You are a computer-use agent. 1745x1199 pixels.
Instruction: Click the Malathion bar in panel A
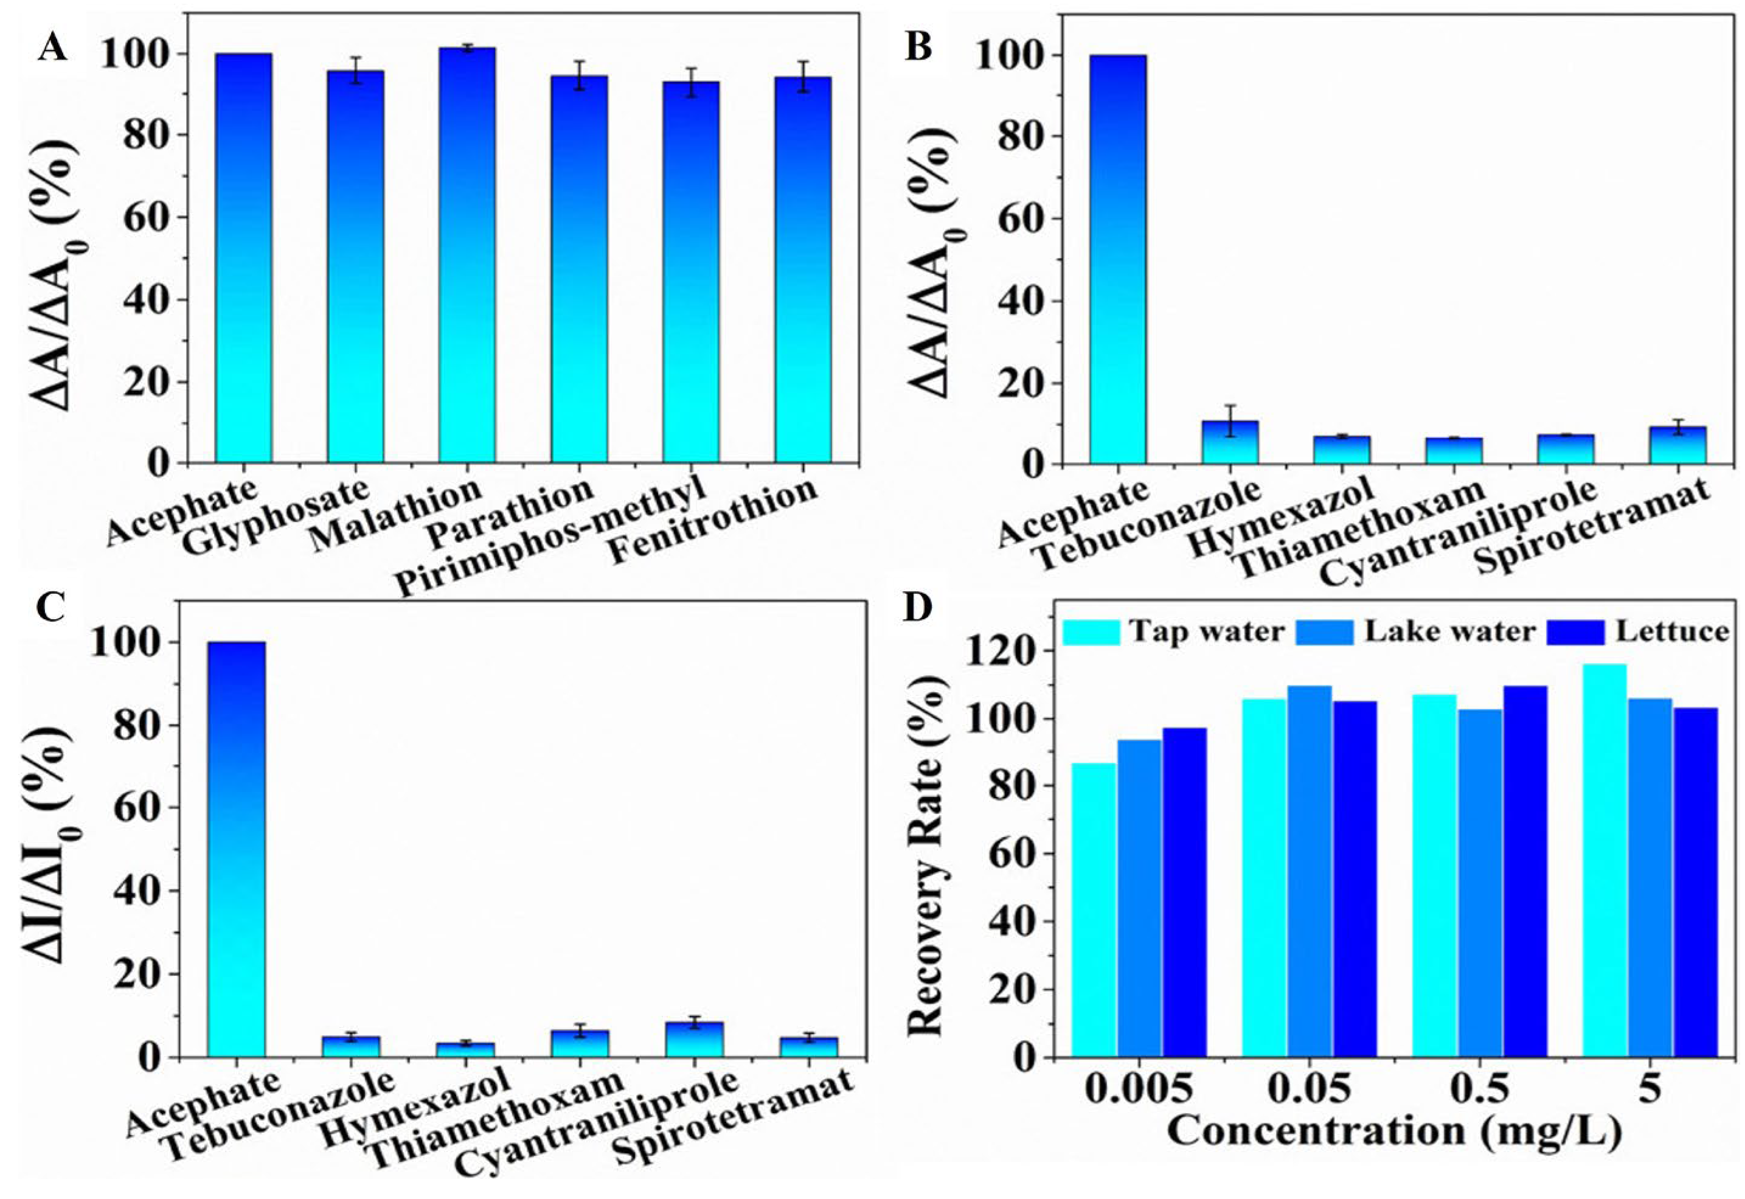(467, 255)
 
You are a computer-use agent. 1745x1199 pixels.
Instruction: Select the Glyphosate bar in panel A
(355, 266)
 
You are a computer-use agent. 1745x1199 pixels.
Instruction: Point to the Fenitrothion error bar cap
(803, 61)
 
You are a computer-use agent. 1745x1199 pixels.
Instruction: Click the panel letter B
(918, 47)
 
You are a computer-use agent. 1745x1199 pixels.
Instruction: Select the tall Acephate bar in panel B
(1118, 259)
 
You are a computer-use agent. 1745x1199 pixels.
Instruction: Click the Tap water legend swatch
(1091, 632)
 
